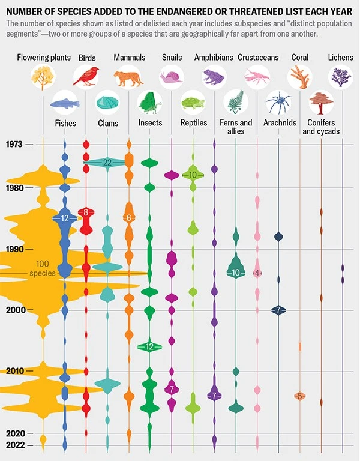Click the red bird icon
pos(86,77)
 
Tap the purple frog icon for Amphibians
pos(214,77)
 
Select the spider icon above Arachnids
pos(278,103)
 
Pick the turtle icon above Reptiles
pos(193,103)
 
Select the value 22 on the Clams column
pos(107,163)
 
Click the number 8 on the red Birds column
pos(86,212)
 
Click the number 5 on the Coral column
pos(299,396)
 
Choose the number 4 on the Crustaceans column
pos(257,273)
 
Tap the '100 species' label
pos(42,268)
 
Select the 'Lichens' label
pos(341,58)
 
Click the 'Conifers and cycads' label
pos(321,127)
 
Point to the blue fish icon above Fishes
pos(65,103)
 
